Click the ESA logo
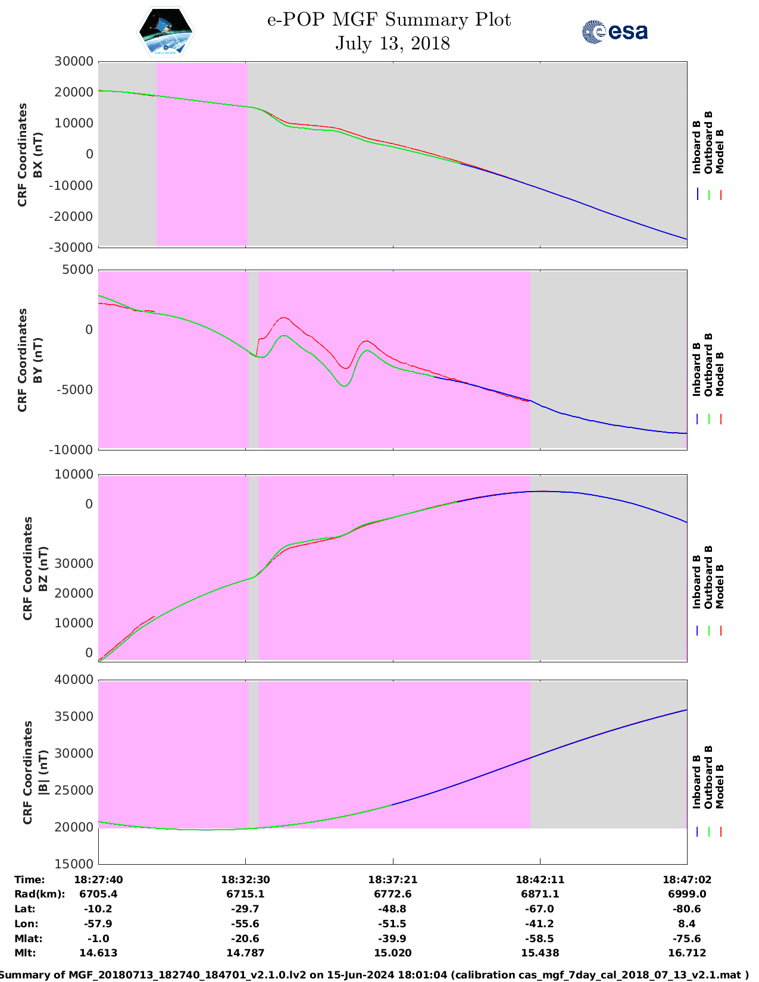coord(615,32)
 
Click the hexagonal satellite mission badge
coord(165,32)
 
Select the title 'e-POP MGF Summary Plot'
coord(389,20)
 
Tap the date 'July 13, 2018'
coord(392,43)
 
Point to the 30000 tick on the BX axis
coord(74,61)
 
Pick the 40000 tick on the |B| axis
coord(74,680)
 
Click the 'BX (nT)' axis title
coord(38,155)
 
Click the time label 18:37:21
coord(392,880)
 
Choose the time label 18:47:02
coord(687,880)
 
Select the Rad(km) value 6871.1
coord(540,895)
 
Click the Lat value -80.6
coord(687,909)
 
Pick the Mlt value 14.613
coord(98,953)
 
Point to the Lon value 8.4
coord(687,924)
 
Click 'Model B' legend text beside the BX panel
coord(720,151)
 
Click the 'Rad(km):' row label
coord(39,895)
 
